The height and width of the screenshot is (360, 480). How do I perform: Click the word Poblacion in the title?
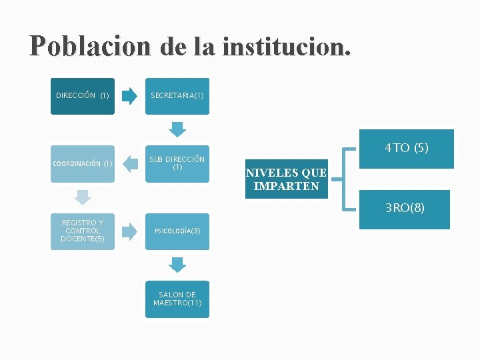89,46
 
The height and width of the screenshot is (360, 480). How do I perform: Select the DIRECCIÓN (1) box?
83,96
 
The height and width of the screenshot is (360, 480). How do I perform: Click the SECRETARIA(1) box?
177,96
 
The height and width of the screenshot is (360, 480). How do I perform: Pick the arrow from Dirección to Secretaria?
131,96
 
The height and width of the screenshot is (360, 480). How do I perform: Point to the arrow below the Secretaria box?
177,129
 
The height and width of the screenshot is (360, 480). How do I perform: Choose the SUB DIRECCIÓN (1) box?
177,163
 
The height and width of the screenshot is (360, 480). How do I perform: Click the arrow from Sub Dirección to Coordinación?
131,164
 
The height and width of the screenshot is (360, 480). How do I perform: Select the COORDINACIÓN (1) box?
83,163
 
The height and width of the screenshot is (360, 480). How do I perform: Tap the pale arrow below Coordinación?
82,197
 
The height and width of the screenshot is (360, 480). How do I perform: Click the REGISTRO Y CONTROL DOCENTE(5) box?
83,231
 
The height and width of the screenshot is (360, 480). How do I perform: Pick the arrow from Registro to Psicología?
131,231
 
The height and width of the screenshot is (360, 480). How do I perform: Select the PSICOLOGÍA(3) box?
177,231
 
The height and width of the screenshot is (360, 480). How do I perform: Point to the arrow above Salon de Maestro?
177,265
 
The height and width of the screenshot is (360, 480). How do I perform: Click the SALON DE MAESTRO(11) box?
177,299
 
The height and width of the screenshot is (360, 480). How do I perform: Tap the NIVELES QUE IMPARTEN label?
286,179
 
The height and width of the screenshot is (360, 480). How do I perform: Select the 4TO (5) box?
406,149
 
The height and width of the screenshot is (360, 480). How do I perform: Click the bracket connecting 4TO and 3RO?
341,179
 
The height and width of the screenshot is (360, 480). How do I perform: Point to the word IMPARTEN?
287,186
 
